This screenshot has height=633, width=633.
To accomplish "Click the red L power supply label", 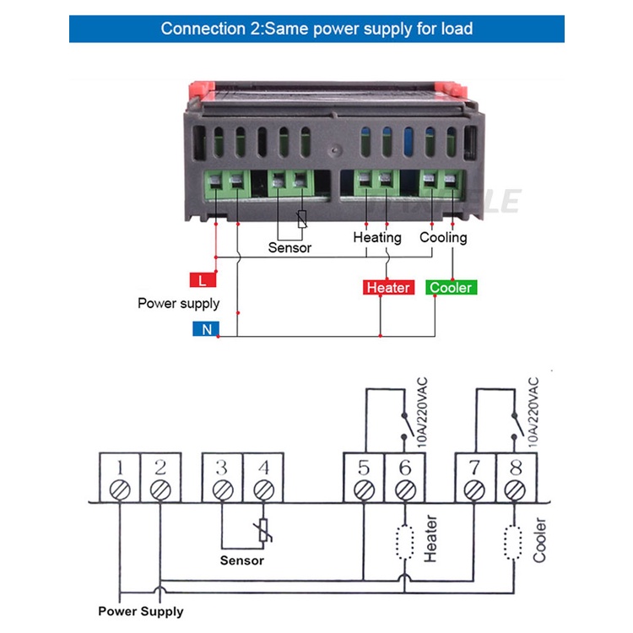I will [202, 280].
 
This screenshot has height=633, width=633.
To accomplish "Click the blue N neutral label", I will [206, 329].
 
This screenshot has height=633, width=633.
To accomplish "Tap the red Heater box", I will [388, 288].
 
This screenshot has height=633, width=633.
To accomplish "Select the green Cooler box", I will [452, 288].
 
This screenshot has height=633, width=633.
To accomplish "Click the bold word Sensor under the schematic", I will [242, 560].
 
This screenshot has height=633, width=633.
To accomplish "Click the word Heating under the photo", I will [377, 237].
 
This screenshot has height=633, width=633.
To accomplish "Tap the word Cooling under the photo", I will [443, 237].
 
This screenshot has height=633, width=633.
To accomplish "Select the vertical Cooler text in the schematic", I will [540, 540].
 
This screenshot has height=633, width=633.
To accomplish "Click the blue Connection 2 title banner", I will [316, 29].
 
